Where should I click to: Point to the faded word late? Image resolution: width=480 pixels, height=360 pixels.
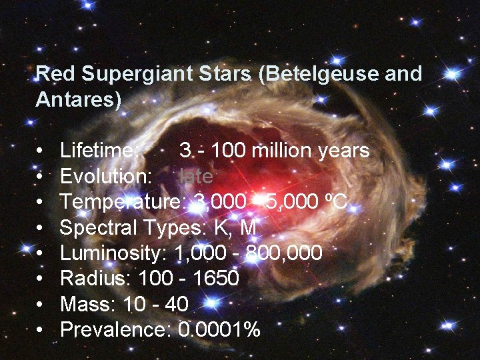point(197,177)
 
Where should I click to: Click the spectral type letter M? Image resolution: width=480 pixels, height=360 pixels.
point(247,227)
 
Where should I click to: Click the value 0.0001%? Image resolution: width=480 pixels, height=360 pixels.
point(220,329)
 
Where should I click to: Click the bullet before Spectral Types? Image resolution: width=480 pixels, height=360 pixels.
point(41,228)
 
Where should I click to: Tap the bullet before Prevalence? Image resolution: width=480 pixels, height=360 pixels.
point(41,329)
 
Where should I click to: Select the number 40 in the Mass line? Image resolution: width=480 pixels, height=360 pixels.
point(176,303)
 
